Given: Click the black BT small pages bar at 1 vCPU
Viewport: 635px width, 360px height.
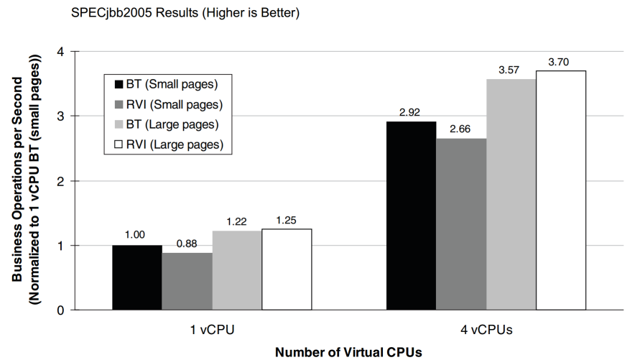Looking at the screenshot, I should [x=136, y=277].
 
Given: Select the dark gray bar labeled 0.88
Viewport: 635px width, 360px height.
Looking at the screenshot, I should [x=187, y=282].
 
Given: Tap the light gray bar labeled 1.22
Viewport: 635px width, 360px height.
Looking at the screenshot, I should [x=236, y=270].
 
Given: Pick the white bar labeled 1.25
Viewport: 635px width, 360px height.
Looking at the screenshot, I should [x=287, y=269].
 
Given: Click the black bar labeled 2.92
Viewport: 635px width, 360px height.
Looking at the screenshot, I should [x=411, y=216].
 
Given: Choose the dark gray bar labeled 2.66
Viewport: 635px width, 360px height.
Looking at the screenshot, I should [x=460, y=224].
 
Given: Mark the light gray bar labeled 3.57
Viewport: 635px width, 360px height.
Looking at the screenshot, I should [x=511, y=194].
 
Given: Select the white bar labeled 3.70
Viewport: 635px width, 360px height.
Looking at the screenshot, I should [x=561, y=190].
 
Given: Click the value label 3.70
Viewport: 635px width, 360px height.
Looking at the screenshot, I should [x=559, y=62].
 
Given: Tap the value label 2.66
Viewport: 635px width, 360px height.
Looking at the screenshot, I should [x=460, y=129].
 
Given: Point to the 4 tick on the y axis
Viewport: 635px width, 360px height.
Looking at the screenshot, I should [x=62, y=52].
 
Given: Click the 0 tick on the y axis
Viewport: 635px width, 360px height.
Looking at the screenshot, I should [x=62, y=310].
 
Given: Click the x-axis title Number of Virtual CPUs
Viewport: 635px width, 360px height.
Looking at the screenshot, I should [x=348, y=352].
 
